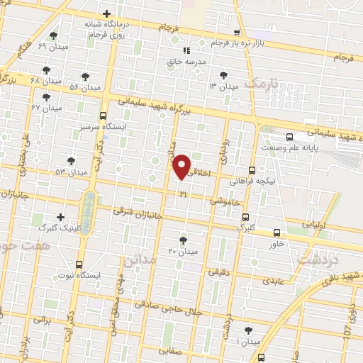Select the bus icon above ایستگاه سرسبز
click(x=104, y=116)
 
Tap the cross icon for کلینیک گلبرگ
click(x=60, y=217)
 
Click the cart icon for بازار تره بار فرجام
click(x=237, y=33)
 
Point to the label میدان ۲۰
click(x=184, y=252)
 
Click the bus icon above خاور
click(x=277, y=233)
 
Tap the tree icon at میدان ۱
click(x=248, y=330)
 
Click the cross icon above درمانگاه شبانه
click(x=106, y=13)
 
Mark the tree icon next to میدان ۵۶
click(x=85, y=76)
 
